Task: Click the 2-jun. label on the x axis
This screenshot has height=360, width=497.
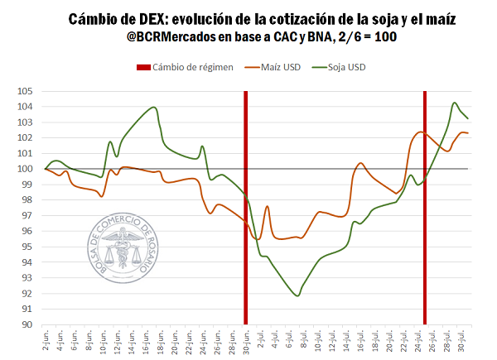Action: tap(46, 341)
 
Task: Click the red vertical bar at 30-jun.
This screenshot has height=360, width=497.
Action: tap(245, 207)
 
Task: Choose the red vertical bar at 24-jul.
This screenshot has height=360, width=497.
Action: tap(425, 207)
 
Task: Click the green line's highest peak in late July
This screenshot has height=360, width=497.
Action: tap(455, 103)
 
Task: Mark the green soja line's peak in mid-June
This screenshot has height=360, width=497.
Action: tap(153, 108)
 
